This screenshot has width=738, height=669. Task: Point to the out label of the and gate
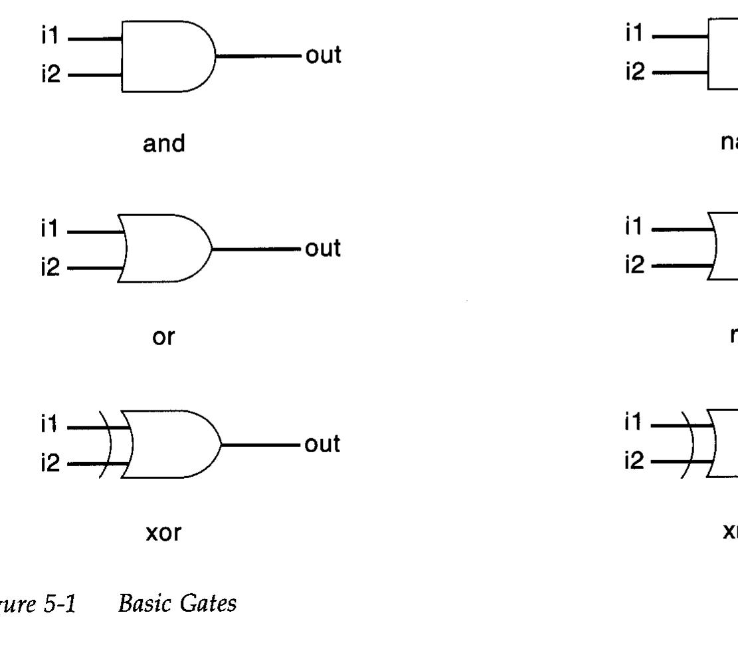(323, 56)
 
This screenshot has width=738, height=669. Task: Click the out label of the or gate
(323, 249)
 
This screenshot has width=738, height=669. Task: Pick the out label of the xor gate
(323, 444)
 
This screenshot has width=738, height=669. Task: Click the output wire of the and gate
(259, 56)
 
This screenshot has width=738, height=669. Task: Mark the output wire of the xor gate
(262, 444)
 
